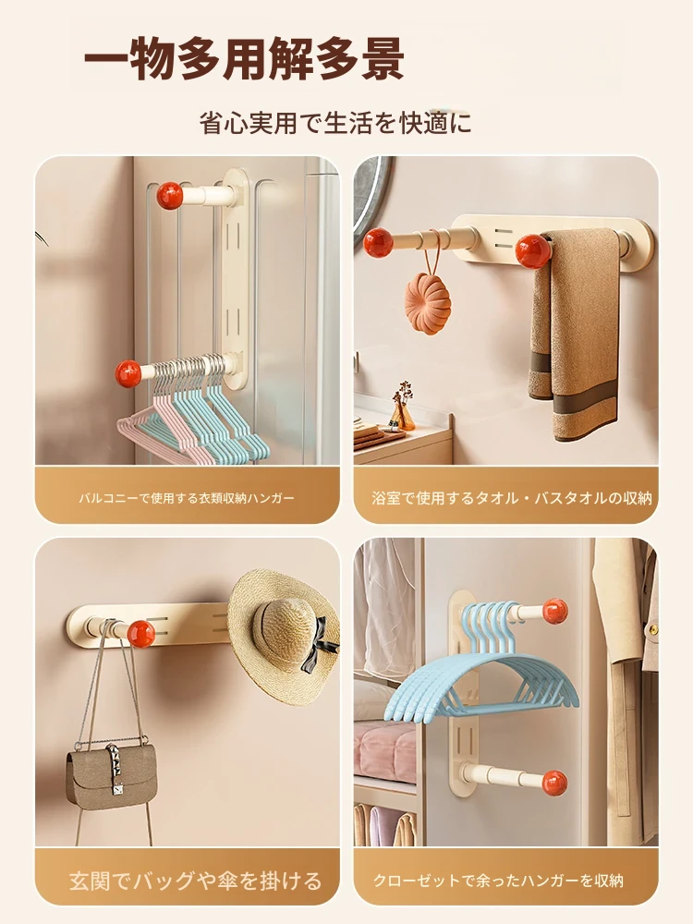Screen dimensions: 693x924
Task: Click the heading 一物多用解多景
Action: [244, 59]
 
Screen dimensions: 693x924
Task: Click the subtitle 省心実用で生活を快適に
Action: [336, 123]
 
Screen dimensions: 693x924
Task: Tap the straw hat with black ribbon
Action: [284, 637]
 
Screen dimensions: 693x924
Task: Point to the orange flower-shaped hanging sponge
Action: [428, 303]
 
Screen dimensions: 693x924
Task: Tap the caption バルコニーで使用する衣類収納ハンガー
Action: [187, 499]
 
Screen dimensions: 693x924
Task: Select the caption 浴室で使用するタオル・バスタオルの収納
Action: [512, 499]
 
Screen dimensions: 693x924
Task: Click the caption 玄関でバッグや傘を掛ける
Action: [195, 881]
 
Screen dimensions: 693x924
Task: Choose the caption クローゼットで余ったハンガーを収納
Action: [499, 881]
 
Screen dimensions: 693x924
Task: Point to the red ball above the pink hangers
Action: [128, 373]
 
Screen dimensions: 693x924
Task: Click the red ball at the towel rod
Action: [534, 251]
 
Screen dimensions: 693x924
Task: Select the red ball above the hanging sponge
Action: [378, 242]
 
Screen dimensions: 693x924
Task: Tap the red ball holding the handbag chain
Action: [141, 634]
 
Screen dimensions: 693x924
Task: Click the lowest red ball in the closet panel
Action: [554, 783]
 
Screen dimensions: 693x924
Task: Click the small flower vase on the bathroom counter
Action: [403, 407]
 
